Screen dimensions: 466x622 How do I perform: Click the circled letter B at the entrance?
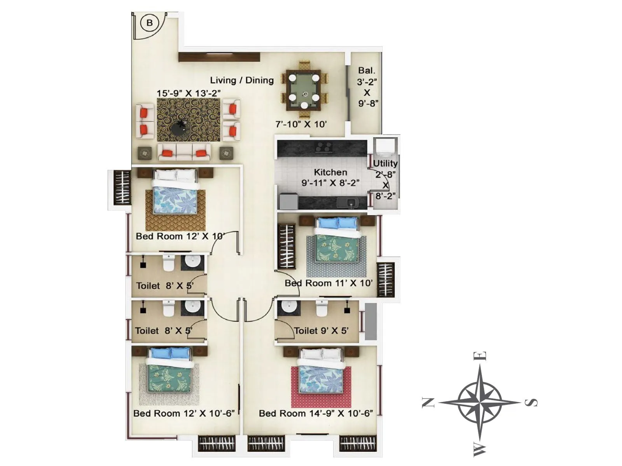point(150,23)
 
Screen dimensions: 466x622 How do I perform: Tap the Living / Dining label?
point(242,80)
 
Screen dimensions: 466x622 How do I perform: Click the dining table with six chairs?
point(304,90)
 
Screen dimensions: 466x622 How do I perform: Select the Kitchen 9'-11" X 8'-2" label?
point(330,177)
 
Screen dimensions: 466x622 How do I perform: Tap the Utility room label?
point(385,163)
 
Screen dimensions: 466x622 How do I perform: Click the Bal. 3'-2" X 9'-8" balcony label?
point(367,87)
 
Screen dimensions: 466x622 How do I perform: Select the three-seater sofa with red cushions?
point(184,152)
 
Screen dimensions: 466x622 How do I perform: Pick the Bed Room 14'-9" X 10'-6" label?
point(316,413)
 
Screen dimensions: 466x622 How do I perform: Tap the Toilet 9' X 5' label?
point(321,331)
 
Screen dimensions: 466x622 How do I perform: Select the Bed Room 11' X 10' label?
point(328,283)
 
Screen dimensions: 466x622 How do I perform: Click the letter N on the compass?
point(428,403)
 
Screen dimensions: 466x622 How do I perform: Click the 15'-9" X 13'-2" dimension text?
point(189,93)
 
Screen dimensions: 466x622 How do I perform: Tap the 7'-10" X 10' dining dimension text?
point(301,124)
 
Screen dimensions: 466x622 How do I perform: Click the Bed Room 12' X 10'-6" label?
point(183,413)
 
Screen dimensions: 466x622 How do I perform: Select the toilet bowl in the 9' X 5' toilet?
point(321,309)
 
